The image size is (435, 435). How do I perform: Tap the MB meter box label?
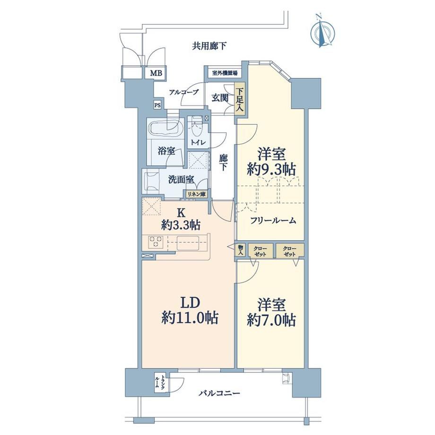156,73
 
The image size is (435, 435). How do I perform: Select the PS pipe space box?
157,105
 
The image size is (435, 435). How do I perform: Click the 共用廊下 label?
209,46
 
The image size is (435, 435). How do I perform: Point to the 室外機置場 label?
225,73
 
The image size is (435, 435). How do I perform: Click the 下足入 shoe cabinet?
239,100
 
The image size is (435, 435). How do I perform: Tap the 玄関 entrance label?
220,98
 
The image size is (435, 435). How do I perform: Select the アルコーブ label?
184,92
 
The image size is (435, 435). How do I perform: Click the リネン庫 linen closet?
196,194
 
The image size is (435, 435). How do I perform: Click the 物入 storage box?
241,251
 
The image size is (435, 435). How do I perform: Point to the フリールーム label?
273,220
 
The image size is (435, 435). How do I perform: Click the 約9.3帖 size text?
271,169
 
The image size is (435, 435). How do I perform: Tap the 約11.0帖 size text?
190,318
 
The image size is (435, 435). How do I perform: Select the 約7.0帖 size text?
271,320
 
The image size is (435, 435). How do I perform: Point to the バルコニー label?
219,393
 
